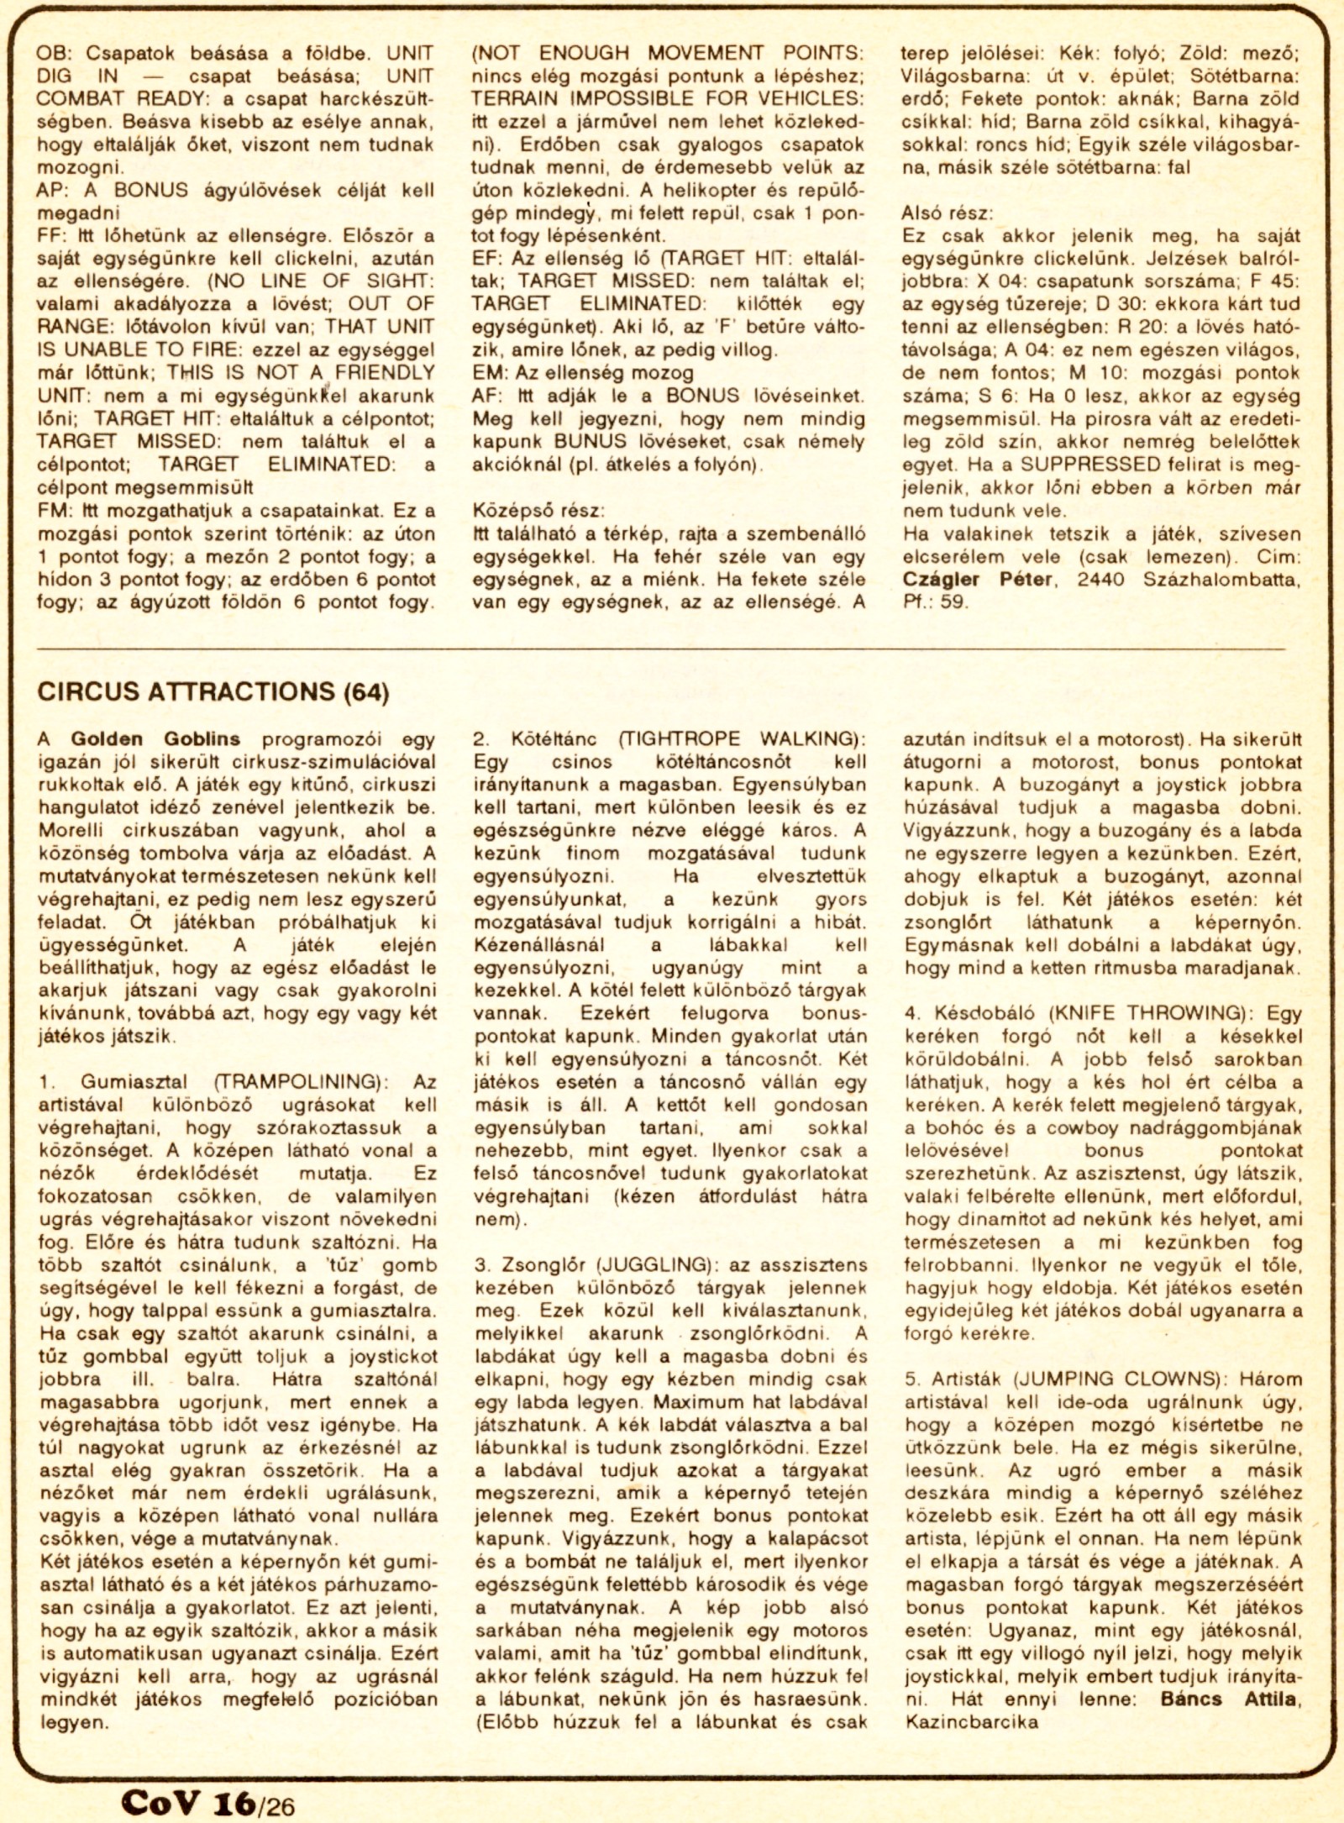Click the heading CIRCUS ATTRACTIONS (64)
point(213,691)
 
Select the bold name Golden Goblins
point(155,739)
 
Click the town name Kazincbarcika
point(972,1722)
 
